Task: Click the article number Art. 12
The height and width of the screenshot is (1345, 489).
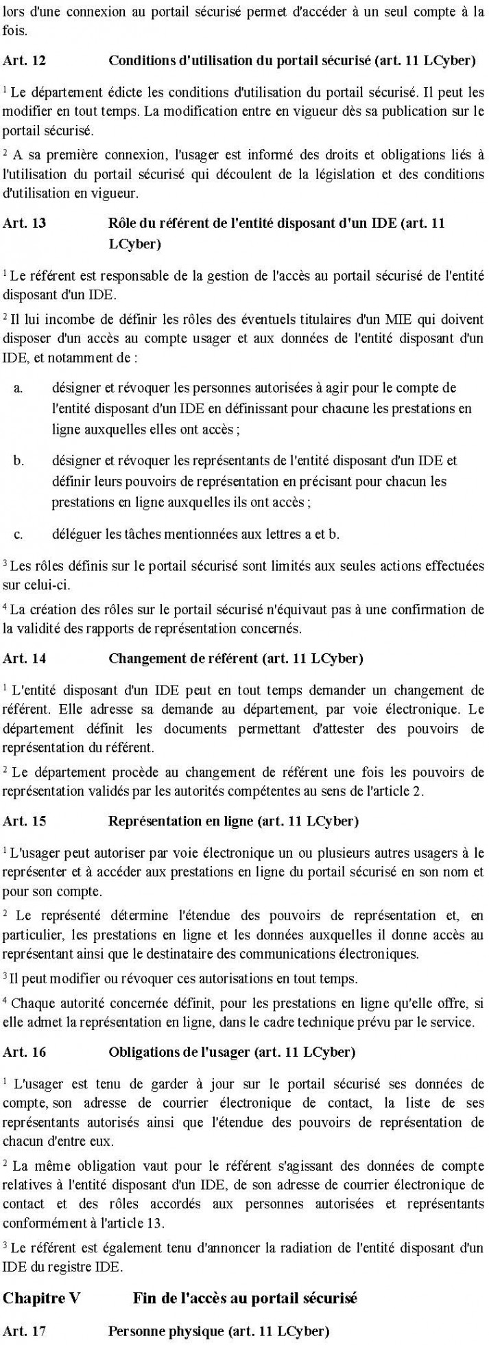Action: [25, 61]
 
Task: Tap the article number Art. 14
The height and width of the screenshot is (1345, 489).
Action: [25, 659]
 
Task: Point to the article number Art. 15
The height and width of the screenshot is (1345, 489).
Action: [25, 821]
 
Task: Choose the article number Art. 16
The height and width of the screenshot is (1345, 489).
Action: [25, 1051]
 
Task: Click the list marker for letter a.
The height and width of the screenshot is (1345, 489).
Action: [19, 388]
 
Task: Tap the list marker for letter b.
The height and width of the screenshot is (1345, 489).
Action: [19, 460]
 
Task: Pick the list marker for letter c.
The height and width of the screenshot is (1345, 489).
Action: [19, 533]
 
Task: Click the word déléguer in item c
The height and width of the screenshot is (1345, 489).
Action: [73, 533]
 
